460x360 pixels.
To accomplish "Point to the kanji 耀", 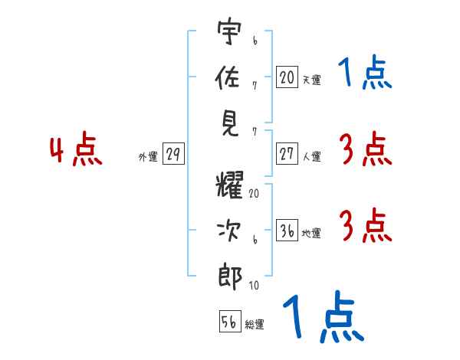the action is point(230,186).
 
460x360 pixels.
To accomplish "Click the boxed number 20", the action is point(287,77).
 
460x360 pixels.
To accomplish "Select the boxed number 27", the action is point(287,154).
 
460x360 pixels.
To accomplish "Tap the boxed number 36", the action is point(287,231).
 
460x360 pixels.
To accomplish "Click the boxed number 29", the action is point(173,155).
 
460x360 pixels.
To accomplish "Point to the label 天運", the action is point(311,80).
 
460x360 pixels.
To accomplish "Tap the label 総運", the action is point(255,325).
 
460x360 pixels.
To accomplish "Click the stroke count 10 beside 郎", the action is point(254,286).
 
